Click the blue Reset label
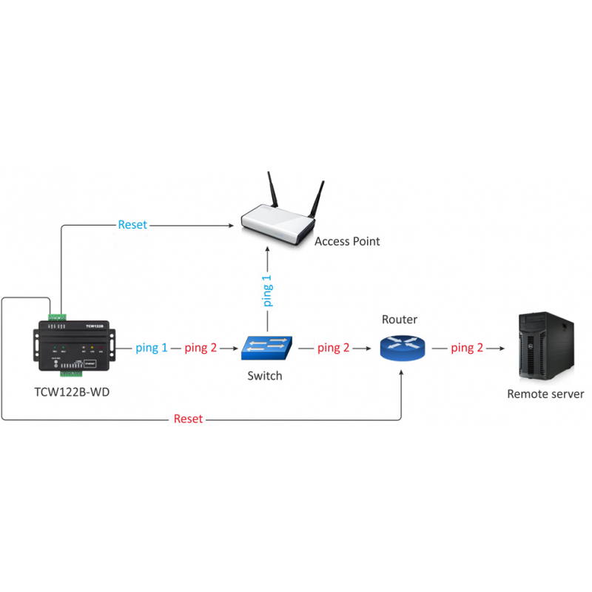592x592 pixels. click(132, 224)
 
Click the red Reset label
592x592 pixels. click(188, 419)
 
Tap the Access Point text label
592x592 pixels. click(347, 242)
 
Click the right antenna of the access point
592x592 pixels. click(318, 198)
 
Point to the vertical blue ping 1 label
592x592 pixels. click(267, 291)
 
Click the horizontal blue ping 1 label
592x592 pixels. click(152, 347)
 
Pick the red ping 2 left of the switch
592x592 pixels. click(201, 347)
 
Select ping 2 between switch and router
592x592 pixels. click(334, 347)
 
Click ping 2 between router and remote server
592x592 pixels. click(467, 347)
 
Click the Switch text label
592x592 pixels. click(265, 376)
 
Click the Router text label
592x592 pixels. click(400, 320)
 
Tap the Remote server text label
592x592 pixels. click(545, 394)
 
